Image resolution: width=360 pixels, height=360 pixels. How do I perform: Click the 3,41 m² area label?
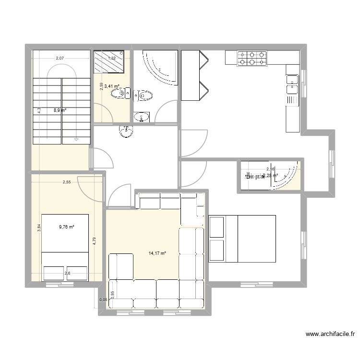108,87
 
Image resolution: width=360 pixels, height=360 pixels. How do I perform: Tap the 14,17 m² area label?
157,253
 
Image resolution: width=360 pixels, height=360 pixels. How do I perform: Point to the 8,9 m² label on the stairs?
60,110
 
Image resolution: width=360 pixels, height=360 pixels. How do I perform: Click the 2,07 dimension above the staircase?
60,59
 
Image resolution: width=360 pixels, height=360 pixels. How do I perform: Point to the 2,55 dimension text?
66,182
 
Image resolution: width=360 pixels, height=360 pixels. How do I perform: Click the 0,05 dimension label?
103,300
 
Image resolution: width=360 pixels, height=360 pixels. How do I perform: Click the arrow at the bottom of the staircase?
75,140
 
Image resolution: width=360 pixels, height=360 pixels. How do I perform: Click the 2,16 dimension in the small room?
270,168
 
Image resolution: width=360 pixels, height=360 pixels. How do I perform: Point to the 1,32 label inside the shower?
111,59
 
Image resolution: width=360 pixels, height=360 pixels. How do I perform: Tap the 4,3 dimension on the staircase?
40,110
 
